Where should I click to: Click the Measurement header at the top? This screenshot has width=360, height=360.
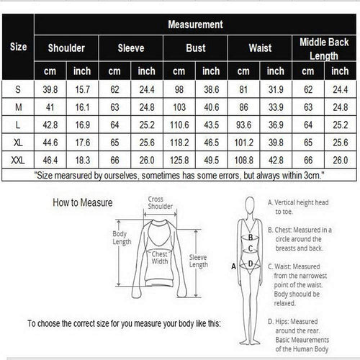coord(195,24)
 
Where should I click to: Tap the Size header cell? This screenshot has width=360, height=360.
coord(18,47)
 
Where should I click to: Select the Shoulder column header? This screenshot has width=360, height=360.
coord(66,48)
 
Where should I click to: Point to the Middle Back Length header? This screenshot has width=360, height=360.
coord(324,49)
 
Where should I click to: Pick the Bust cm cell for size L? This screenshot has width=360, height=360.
coord(179,125)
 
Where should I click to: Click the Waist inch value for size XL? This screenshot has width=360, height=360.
coord(276,143)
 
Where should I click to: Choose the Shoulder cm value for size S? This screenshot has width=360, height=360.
coord(50,89)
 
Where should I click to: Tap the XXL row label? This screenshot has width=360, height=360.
coord(18,160)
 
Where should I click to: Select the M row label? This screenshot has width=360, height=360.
coord(18,107)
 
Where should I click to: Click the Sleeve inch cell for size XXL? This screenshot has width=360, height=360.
coord(147,160)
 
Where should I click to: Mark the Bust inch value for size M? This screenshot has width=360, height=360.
coord(212,107)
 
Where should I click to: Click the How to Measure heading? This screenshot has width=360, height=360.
coord(83,202)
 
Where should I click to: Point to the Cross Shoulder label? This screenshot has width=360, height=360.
coord(160,202)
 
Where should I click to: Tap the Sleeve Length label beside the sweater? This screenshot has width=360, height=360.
coord(198,261)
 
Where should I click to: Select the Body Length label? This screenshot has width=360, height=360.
coord(122,238)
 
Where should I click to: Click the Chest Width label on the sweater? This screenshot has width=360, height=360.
coord(160,258)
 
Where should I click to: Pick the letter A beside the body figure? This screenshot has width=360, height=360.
coord(233,266)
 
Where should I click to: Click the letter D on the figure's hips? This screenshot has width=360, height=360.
coord(251,264)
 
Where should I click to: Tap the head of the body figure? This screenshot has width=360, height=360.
coord(250,205)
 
